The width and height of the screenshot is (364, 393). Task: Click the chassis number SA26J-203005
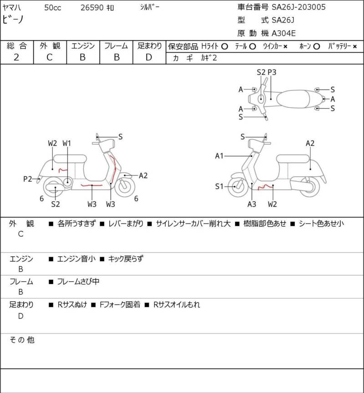tap(298, 7)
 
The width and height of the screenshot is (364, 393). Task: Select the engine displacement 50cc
tap(53, 8)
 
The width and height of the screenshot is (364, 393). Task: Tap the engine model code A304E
tap(283, 33)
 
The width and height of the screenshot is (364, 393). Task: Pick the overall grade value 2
tap(16, 57)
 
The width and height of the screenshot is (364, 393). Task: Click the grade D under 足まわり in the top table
tap(149, 57)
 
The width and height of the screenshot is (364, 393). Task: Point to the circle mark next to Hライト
tap(225, 46)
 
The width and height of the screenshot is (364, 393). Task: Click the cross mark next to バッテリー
tap(355, 46)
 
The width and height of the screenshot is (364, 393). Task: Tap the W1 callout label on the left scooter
tap(67, 144)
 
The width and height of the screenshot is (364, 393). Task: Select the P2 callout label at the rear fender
tap(28, 179)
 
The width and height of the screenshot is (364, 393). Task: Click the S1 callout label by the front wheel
tap(219, 186)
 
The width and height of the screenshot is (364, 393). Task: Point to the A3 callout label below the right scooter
tap(252, 204)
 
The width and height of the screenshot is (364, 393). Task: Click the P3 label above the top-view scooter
tap(272, 72)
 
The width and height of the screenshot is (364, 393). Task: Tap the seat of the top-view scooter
tap(293, 99)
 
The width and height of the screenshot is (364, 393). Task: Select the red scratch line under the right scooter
tap(265, 187)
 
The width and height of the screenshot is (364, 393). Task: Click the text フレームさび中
tap(78, 282)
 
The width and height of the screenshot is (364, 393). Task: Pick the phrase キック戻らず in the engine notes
tap(126, 259)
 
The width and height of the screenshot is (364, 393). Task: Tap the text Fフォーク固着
tap(120, 305)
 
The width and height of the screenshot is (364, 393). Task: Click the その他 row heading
tap(22, 340)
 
